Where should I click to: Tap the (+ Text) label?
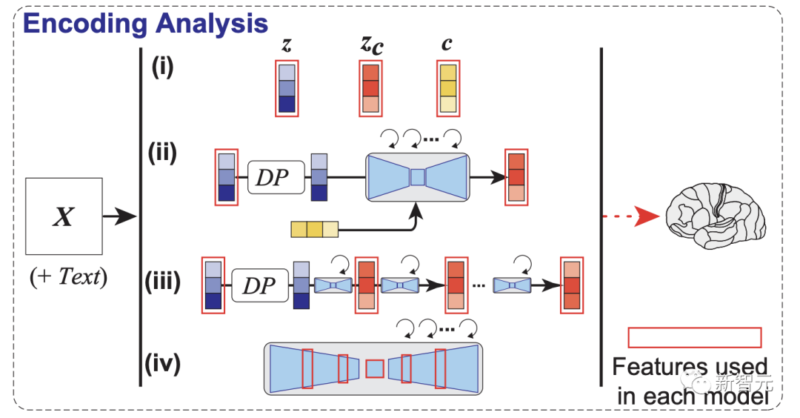(x=69, y=278)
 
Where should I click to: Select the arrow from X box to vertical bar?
(x=119, y=216)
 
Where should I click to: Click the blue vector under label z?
(x=286, y=88)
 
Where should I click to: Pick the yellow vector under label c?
(x=448, y=88)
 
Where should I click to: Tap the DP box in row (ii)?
(x=277, y=178)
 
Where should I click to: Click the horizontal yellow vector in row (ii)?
(x=314, y=229)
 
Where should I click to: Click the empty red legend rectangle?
(x=694, y=337)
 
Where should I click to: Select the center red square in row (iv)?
(x=376, y=368)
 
